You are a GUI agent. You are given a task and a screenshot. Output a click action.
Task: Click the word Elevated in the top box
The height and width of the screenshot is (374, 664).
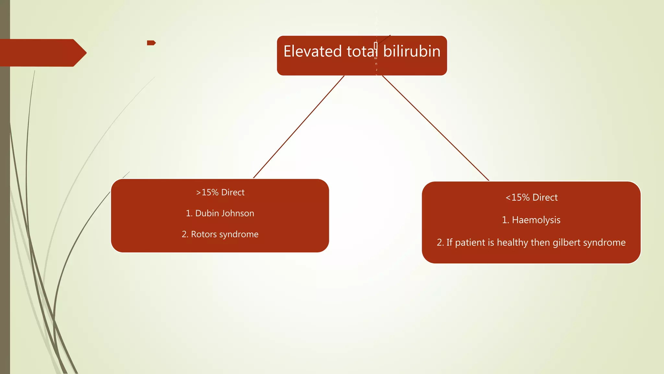pyautogui.click(x=313, y=52)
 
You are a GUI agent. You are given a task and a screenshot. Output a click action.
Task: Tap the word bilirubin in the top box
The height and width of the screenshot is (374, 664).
pyautogui.click(x=412, y=52)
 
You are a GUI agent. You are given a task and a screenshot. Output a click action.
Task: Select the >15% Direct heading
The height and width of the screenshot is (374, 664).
pyautogui.click(x=220, y=193)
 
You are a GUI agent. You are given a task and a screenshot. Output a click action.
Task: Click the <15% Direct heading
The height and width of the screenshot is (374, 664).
pyautogui.click(x=532, y=197)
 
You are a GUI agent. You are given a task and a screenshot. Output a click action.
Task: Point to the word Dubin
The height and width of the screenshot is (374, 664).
pyautogui.click(x=207, y=213)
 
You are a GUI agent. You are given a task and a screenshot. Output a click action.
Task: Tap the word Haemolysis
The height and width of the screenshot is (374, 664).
pyautogui.click(x=536, y=220)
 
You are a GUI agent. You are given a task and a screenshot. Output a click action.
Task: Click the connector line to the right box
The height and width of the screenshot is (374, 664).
pyautogui.click(x=435, y=128)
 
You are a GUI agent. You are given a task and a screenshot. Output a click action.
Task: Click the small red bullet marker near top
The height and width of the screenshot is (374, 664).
pyautogui.click(x=151, y=43)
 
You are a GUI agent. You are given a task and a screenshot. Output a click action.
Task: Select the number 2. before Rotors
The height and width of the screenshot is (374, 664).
pyautogui.click(x=185, y=234)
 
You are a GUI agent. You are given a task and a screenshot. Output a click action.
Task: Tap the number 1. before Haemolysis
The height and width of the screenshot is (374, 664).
pyautogui.click(x=505, y=220)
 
